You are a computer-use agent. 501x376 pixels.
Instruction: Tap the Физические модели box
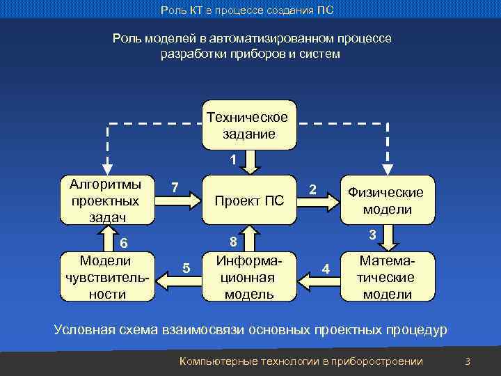387,201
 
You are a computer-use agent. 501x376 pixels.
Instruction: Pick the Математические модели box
387,277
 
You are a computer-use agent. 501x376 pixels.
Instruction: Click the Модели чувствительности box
106,277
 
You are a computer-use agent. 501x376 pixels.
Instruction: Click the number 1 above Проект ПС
234,159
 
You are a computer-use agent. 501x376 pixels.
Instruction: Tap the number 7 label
175,187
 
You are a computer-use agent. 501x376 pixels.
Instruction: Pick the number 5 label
185,268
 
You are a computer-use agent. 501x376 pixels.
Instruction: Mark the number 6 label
124,243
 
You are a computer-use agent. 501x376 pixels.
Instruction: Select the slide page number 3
468,361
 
